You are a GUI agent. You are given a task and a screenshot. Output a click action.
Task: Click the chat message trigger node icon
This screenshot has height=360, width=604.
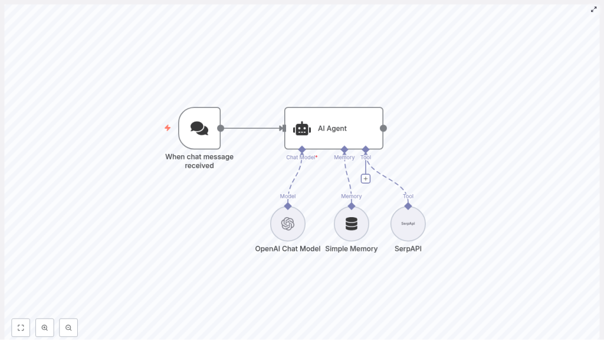(x=199, y=128)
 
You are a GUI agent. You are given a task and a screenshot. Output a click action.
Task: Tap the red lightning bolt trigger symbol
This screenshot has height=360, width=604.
(x=168, y=128)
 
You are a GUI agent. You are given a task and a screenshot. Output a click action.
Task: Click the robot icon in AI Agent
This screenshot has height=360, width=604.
(x=302, y=129)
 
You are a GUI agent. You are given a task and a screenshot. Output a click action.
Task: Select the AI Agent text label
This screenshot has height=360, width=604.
(x=332, y=129)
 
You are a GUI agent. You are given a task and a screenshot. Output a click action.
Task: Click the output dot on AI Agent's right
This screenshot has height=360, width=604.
(x=383, y=128)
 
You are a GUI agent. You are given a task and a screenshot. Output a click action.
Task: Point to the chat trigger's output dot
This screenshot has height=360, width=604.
(x=221, y=128)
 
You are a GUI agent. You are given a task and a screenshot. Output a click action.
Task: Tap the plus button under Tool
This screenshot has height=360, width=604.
(x=366, y=179)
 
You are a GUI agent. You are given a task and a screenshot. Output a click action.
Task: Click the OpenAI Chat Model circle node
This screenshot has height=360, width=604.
(x=288, y=224)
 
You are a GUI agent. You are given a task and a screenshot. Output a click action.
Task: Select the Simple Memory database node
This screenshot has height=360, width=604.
(x=352, y=224)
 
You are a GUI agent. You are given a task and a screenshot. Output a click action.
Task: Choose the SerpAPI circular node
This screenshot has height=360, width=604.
(x=408, y=224)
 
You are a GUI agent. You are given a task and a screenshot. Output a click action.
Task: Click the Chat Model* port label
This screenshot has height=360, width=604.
(x=301, y=158)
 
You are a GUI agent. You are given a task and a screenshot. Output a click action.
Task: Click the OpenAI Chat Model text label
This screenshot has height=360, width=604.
(x=288, y=249)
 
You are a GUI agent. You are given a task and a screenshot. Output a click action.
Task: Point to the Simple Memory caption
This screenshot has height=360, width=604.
(x=352, y=249)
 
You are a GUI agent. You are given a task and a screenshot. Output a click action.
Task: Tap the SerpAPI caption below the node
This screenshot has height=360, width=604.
(x=408, y=249)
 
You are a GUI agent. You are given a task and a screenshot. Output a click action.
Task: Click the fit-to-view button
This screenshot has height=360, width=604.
(x=21, y=328)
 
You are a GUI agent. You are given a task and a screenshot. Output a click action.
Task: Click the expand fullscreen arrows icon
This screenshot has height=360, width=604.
(x=594, y=9)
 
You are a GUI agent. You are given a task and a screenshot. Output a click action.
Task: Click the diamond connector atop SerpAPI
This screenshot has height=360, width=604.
(x=408, y=206)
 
